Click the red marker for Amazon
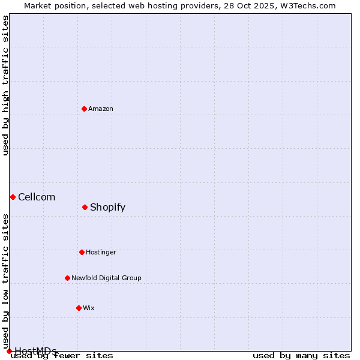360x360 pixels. (84, 109)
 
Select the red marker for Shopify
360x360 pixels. (85, 207)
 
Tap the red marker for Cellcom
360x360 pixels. (13, 197)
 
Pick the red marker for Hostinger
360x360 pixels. (82, 252)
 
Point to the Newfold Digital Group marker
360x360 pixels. (67, 278)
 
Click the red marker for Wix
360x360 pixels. (79, 308)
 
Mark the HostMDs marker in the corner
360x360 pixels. (9, 351)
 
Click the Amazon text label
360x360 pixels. (101, 109)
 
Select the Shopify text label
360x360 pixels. (107, 207)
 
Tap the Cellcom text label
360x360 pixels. (37, 197)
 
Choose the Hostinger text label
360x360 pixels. (101, 252)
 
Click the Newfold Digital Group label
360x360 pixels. (106, 278)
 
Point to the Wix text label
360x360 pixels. (89, 308)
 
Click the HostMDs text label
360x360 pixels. (35, 350)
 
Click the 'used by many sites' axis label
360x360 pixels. (301, 356)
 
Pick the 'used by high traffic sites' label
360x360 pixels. (5, 85)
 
